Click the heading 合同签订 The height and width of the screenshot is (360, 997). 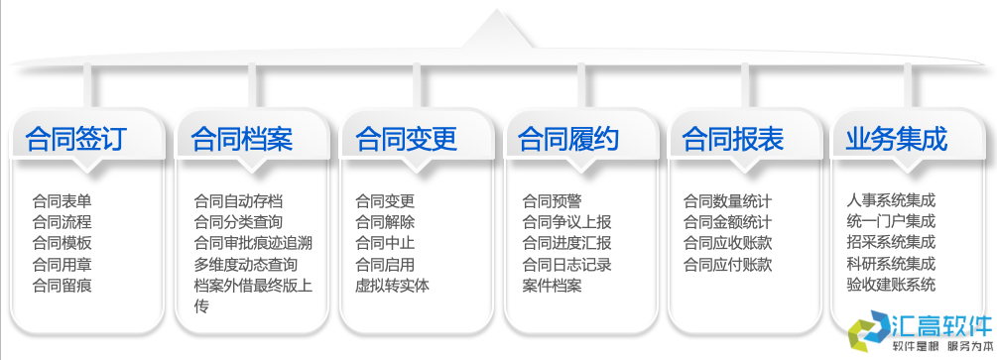pos(76,138)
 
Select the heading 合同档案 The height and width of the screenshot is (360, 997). pos(242,138)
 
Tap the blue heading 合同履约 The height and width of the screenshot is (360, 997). pos(569,138)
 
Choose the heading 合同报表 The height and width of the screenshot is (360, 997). pos(734,138)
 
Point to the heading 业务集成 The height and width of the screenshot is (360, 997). pos(897,138)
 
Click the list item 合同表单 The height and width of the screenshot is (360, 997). pos(62,200)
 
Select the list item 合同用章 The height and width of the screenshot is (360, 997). pos(62,265)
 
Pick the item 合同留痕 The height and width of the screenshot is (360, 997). pos(62,287)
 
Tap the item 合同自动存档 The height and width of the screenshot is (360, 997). pos(238,200)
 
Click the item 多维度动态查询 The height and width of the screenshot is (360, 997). pos(245,265)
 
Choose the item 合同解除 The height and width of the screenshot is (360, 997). pos(385,222)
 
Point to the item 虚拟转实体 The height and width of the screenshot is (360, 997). pos(392,287)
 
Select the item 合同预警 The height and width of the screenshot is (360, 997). pos(553,200)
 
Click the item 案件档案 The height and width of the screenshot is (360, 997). pos(553,287)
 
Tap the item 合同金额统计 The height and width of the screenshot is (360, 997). pos(727,222)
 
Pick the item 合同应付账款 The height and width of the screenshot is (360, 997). pos(727,265)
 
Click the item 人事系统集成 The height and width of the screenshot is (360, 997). pos(891,200)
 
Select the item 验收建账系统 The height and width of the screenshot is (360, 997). pos(891,287)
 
